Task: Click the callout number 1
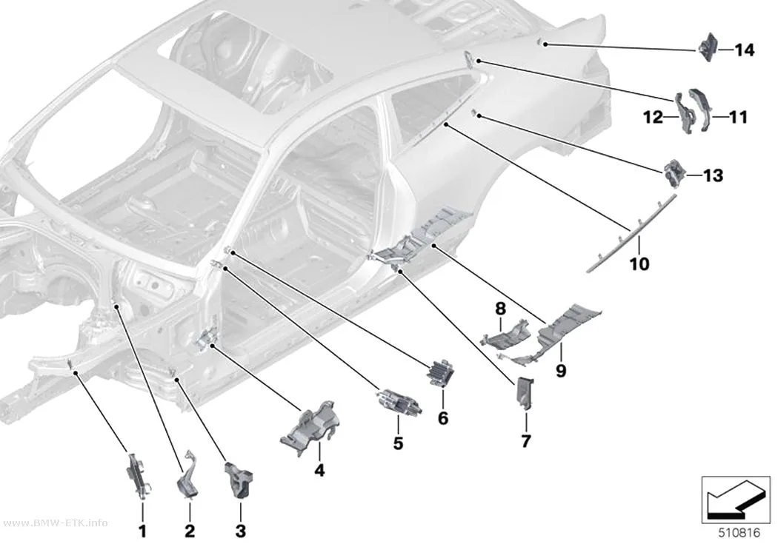[x=143, y=531]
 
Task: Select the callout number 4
[x=320, y=470]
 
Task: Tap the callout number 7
[x=526, y=440]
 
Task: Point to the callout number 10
[x=639, y=263]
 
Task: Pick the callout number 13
[x=713, y=175]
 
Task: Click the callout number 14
[x=744, y=50]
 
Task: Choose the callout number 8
[x=501, y=309]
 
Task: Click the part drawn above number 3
[x=239, y=479]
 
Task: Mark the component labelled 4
[x=310, y=427]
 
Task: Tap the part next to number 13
[x=675, y=173]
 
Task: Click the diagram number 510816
[x=739, y=533]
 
